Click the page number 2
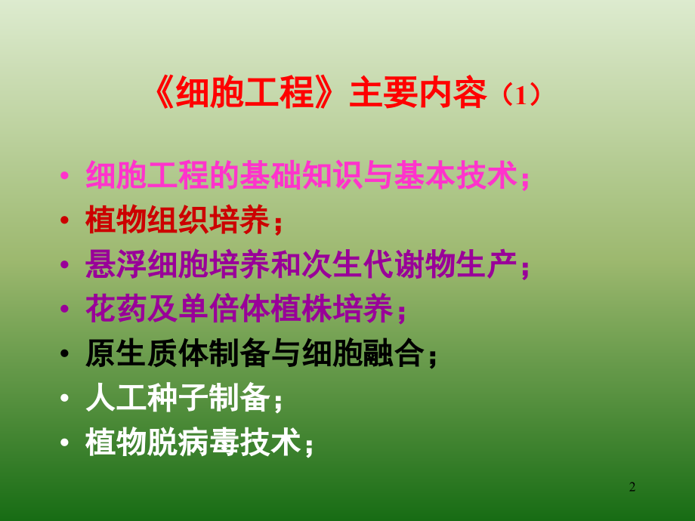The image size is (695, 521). pyautogui.click(x=632, y=488)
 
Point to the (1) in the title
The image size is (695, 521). pyautogui.click(x=521, y=96)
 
